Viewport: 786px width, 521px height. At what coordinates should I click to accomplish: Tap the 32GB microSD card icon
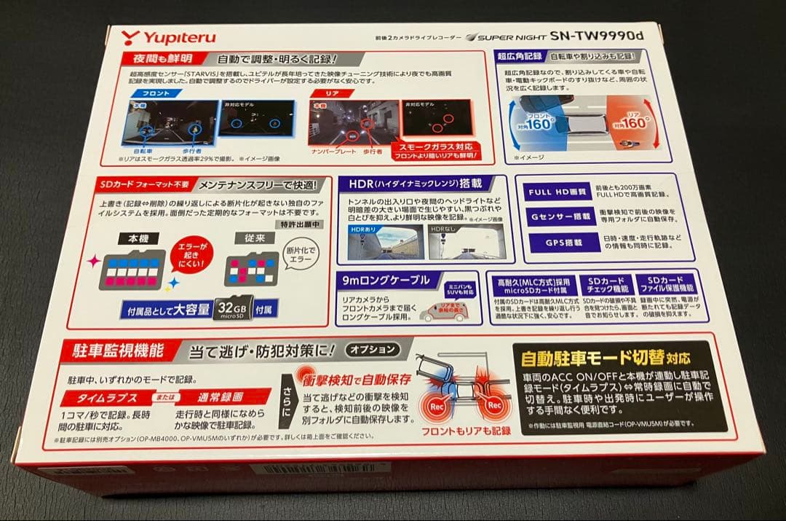[x=232, y=309]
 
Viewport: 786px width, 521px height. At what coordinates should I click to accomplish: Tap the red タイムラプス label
[x=108, y=398]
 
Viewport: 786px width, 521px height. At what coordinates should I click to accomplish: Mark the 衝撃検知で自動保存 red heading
[x=357, y=379]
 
